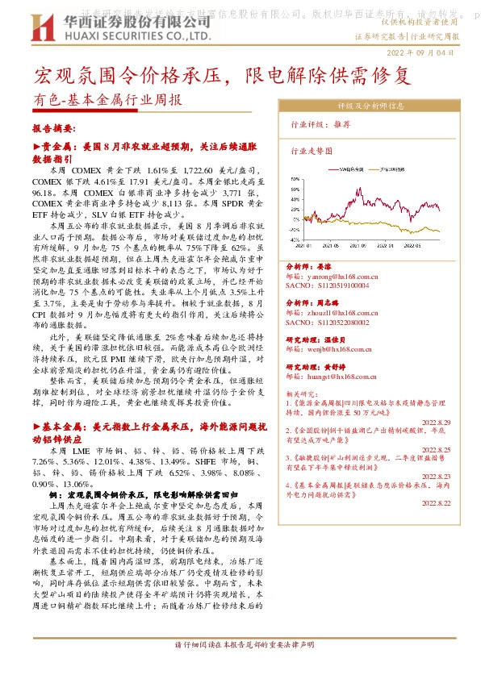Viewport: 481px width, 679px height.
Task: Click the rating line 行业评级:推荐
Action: (x=320, y=125)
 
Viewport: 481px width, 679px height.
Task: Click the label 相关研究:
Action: (x=303, y=394)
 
